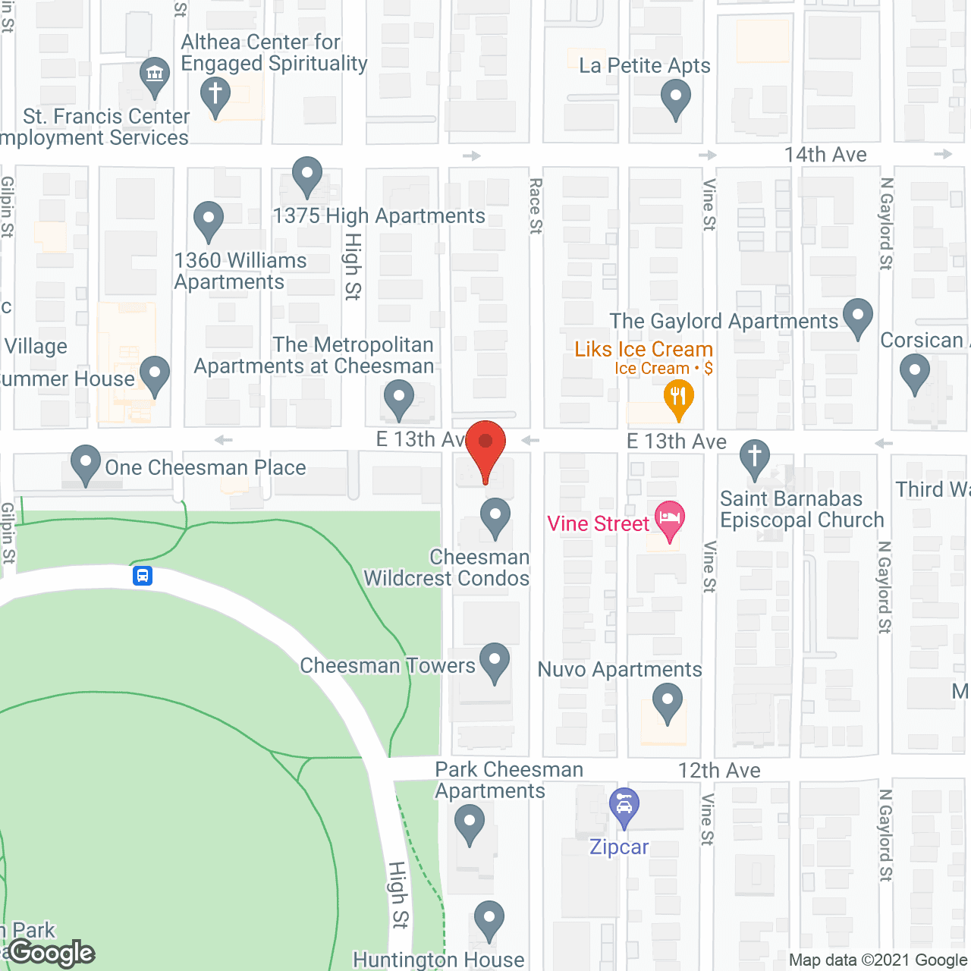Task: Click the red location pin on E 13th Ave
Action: [x=485, y=444]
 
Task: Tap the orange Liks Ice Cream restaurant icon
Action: [x=678, y=398]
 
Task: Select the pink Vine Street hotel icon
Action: [x=669, y=519]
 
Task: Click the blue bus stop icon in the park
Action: [x=143, y=576]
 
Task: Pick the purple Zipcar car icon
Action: [x=624, y=807]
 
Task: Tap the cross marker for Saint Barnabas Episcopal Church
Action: [x=754, y=457]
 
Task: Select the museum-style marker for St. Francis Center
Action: [x=155, y=75]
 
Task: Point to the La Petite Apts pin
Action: [x=675, y=98]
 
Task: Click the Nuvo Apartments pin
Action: [x=668, y=700]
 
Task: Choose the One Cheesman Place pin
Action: [x=86, y=462]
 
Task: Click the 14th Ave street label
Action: [x=825, y=155]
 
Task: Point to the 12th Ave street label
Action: [x=719, y=771]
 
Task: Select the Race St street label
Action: [x=536, y=206]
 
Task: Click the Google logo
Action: [x=52, y=953]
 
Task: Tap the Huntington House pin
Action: [x=489, y=919]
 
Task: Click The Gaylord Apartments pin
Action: [x=857, y=316]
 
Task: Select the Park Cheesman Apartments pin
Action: [x=470, y=823]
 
